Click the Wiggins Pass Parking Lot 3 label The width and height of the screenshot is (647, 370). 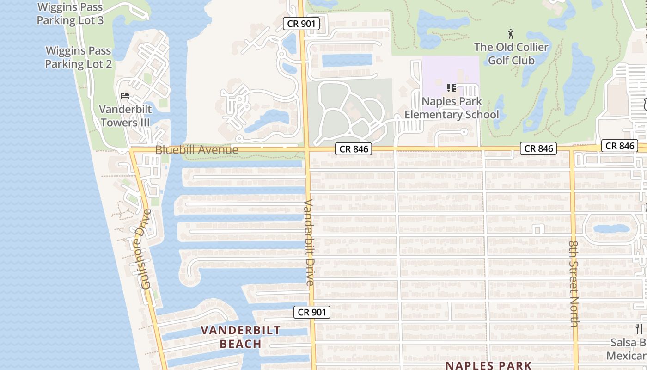pos(70,14)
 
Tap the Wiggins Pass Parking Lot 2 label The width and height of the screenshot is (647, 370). pos(79,57)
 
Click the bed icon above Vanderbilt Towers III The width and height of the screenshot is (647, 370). pos(125,96)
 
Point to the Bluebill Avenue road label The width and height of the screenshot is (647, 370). pos(197,150)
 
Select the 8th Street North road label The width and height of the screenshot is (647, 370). pos(574,283)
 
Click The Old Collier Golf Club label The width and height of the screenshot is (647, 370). pos(511,54)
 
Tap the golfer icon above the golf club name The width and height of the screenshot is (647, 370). pos(511,34)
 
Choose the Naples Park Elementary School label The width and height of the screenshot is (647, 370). pos(452,108)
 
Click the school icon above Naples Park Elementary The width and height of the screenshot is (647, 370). pos(452,87)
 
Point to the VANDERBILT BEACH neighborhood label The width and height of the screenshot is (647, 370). pos(241,337)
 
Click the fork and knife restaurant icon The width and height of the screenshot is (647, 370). pos(640,329)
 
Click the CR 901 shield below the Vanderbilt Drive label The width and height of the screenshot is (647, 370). pos(312,312)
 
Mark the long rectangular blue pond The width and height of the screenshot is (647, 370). pos(347,60)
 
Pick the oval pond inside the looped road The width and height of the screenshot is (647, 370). pos(611,228)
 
